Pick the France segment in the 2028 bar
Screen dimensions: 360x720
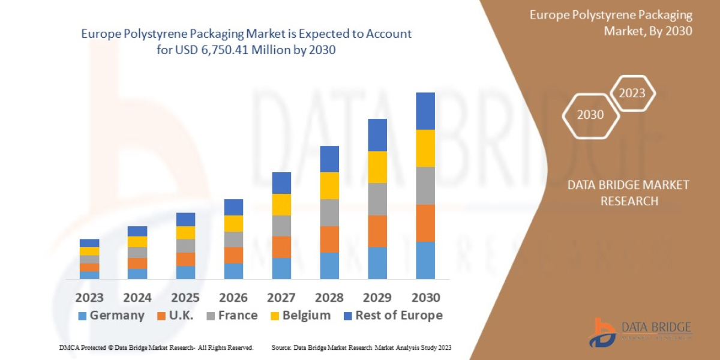tap(329, 212)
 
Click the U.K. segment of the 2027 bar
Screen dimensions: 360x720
tap(281, 247)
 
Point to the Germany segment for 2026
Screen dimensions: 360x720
tap(233, 271)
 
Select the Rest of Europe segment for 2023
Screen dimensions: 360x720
tap(89, 243)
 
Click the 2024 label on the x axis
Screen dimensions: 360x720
tap(137, 298)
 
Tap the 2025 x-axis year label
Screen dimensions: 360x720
tap(185, 298)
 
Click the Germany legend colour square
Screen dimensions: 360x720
tap(83, 316)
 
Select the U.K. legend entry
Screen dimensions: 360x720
tap(175, 316)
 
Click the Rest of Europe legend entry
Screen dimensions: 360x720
tap(392, 316)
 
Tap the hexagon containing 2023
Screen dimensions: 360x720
tap(632, 93)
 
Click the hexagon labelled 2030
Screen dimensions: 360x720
tap(590, 115)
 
